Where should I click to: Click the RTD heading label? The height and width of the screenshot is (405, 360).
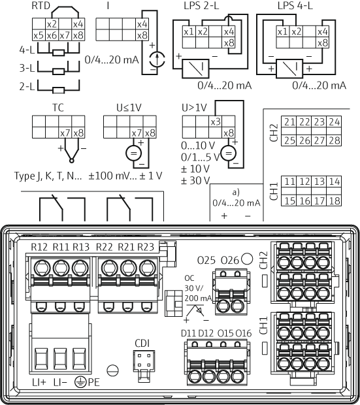pyautogui.click(x=41, y=6)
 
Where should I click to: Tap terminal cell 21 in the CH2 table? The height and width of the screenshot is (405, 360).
pyautogui.click(x=289, y=122)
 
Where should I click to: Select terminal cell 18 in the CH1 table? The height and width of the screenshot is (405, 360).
pyautogui.click(x=334, y=201)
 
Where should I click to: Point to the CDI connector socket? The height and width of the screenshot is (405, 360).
pyautogui.click(x=144, y=361)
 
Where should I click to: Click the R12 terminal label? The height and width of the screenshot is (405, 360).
pyautogui.click(x=39, y=247)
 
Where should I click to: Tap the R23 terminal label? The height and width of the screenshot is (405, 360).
pyautogui.click(x=146, y=247)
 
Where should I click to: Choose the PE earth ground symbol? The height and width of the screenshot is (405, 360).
pyautogui.click(x=80, y=382)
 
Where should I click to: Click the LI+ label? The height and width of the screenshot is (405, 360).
pyautogui.click(x=39, y=382)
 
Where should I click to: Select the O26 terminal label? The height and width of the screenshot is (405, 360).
pyautogui.click(x=230, y=260)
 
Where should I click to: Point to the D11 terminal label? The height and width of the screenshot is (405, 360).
pyautogui.click(x=188, y=333)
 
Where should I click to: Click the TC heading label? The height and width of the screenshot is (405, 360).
pyautogui.click(x=58, y=107)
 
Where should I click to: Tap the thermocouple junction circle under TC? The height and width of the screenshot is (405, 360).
pyautogui.click(x=72, y=161)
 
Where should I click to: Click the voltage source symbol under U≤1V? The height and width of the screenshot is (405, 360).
pyautogui.click(x=133, y=153)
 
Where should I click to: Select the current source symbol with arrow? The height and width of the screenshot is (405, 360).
pyautogui.click(x=157, y=59)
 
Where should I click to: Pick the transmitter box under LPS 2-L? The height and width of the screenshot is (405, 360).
pyautogui.click(x=195, y=69)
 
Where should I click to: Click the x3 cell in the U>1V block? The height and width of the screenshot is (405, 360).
pyautogui.click(x=215, y=121)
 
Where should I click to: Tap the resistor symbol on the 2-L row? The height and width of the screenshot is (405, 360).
pyautogui.click(x=58, y=90)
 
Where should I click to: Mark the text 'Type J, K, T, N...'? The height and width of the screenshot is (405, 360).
pyautogui.click(x=48, y=176)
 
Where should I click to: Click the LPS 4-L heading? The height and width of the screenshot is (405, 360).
pyautogui.click(x=295, y=6)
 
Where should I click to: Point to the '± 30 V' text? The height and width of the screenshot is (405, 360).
pyautogui.click(x=195, y=180)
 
